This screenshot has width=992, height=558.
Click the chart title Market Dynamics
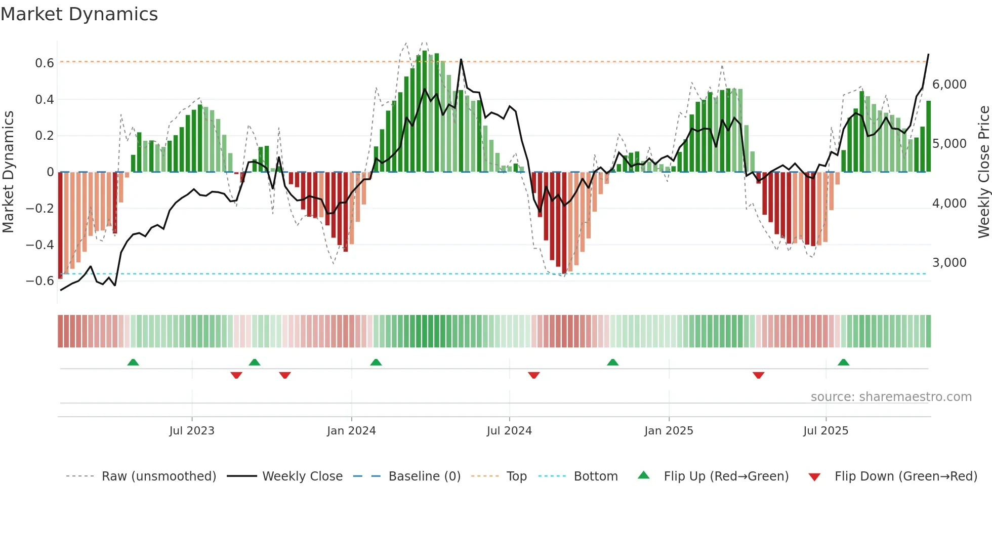pyautogui.click(x=79, y=14)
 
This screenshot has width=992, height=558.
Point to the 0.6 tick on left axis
pyautogui.click(x=45, y=63)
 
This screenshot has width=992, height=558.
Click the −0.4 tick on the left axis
pyautogui.click(x=40, y=245)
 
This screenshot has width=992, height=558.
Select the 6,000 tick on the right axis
pyautogui.click(x=949, y=84)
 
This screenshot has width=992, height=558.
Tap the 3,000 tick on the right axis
pyautogui.click(x=949, y=262)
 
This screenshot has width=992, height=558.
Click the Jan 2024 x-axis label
pyautogui.click(x=351, y=430)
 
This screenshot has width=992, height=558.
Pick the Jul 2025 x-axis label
pyautogui.click(x=825, y=430)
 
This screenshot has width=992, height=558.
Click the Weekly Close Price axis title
pyautogui.click(x=983, y=172)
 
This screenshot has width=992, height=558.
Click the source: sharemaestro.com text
pyautogui.click(x=891, y=396)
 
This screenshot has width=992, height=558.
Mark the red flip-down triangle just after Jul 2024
pyautogui.click(x=533, y=375)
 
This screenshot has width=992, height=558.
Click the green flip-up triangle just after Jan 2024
pyautogui.click(x=376, y=363)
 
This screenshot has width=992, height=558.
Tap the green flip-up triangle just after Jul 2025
pyautogui.click(x=843, y=363)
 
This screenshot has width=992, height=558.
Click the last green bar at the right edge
pyautogui.click(x=928, y=137)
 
